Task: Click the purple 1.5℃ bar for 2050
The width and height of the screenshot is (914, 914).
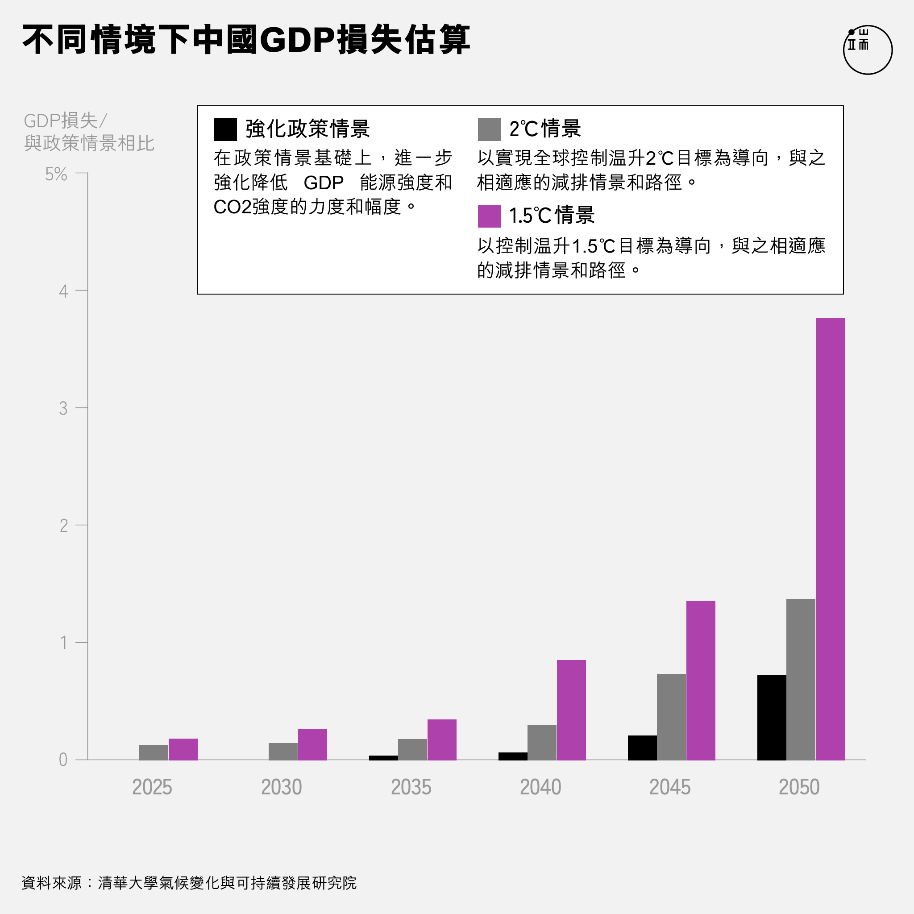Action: click(830, 539)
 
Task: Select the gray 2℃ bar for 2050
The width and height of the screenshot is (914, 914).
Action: click(801, 679)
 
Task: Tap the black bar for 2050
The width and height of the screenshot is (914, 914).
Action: click(771, 717)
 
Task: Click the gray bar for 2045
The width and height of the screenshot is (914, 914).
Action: click(671, 717)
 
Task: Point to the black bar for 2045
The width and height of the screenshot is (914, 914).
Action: click(642, 748)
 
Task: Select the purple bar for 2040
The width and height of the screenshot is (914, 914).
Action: click(571, 710)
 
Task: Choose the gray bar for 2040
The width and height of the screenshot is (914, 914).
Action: click(542, 742)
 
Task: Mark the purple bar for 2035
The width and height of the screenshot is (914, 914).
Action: click(442, 740)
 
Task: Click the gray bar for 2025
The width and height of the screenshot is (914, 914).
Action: click(153, 752)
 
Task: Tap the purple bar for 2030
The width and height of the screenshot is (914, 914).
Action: click(312, 745)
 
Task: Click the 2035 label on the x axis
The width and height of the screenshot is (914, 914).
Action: click(411, 787)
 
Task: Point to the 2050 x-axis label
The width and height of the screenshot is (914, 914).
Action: click(799, 787)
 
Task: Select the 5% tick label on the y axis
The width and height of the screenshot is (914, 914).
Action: click(56, 174)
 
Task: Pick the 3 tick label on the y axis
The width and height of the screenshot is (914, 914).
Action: click(63, 408)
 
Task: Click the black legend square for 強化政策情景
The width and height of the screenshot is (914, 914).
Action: click(225, 129)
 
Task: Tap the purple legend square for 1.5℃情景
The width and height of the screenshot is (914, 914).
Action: click(489, 216)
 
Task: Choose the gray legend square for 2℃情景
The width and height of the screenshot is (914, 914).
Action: click(489, 129)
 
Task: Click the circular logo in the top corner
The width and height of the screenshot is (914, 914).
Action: click(867, 50)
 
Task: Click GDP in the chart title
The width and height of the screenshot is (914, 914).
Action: click(298, 40)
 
